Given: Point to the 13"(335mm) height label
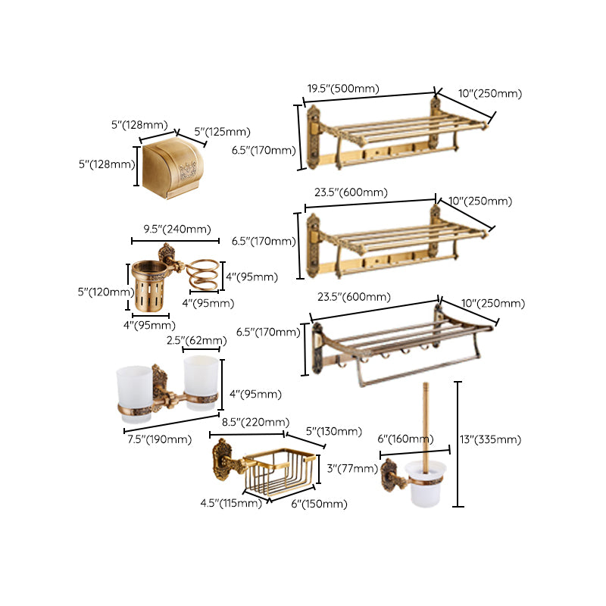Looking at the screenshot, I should [x=494, y=440].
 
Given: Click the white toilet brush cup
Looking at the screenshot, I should [x=422, y=489].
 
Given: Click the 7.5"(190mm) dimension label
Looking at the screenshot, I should [x=158, y=439].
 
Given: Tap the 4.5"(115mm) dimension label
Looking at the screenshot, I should [x=231, y=503].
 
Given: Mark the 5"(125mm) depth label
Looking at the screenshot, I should [x=222, y=132].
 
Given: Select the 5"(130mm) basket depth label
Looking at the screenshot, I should [x=334, y=433].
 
